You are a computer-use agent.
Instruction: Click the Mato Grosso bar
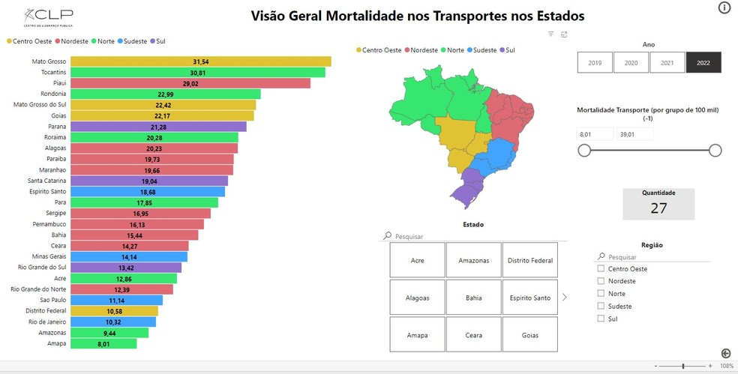pos(200,61)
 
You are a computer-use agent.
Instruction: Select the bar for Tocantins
pos(197,73)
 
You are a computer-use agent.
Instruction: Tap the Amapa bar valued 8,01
pos(103,343)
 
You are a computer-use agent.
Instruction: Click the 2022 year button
pos(703,63)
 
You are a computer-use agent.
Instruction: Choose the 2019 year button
pos(595,63)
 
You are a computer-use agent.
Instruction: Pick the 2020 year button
pos(631,63)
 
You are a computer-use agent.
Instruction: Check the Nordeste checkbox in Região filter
pos(601,281)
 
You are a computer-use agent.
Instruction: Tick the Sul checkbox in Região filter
pos(601,319)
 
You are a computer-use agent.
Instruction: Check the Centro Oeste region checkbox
pos(601,268)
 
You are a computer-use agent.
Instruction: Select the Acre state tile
pos(418,260)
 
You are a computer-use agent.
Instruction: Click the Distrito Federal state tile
pos(530,260)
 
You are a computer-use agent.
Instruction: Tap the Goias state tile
pos(530,335)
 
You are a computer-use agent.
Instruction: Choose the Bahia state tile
pos(474,298)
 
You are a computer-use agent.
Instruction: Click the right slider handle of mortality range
pos(715,151)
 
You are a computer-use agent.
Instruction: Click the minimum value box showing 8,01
pos(594,134)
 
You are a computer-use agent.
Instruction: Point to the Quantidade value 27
pos(658,208)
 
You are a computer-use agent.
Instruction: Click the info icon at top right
pos(724,8)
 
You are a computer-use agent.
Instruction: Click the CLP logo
pos(48,16)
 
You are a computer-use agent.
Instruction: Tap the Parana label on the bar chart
pos(56,127)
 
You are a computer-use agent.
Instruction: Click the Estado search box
pos(476,236)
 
